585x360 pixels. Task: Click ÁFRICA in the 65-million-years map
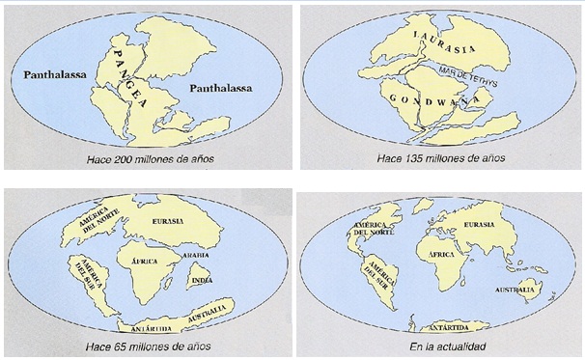pyautogui.click(x=138, y=261)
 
